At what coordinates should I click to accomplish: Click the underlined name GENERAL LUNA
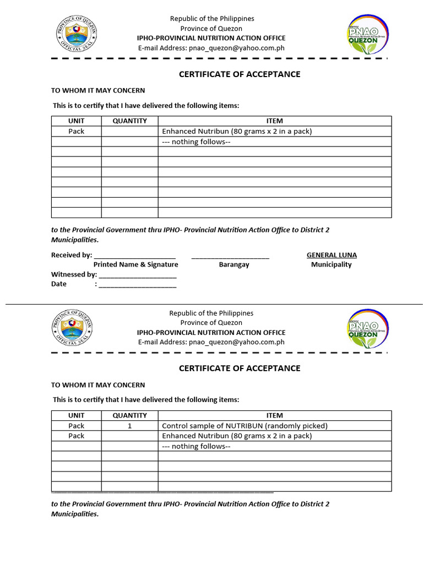[332, 255]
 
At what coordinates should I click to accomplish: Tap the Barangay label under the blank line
[234, 264]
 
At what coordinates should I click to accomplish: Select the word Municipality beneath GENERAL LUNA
[331, 264]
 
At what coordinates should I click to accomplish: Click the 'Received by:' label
[72, 255]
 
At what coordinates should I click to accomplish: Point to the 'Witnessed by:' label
[74, 274]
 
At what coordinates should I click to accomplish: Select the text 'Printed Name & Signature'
[135, 264]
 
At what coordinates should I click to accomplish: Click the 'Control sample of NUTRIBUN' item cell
[245, 426]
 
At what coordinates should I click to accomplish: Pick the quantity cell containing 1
[129, 426]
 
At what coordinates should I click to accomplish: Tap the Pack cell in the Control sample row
[77, 426]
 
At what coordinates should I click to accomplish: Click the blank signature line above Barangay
[230, 256]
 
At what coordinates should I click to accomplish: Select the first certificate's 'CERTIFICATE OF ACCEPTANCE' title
[240, 74]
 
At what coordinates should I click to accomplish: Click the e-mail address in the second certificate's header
[237, 342]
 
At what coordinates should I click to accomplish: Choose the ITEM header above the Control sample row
[274, 415]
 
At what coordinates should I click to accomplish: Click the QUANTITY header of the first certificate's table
[129, 121]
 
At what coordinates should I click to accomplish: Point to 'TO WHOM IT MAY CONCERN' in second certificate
[98, 385]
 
